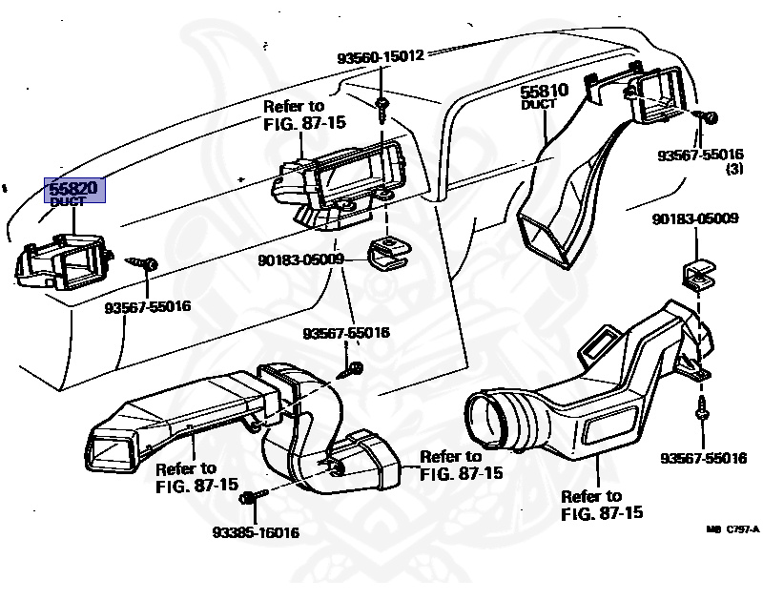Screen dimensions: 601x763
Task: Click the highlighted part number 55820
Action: pyautogui.click(x=74, y=188)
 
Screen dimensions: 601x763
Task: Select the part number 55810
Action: pyautogui.click(x=544, y=92)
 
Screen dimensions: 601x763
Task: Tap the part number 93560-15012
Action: pyautogui.click(x=380, y=57)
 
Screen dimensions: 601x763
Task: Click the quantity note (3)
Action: pyautogui.click(x=734, y=170)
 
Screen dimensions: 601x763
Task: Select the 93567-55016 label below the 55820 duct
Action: pyautogui.click(x=148, y=306)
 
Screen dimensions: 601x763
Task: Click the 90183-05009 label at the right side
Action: pyautogui.click(x=695, y=218)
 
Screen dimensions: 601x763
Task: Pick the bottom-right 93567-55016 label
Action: pyautogui.click(x=703, y=459)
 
